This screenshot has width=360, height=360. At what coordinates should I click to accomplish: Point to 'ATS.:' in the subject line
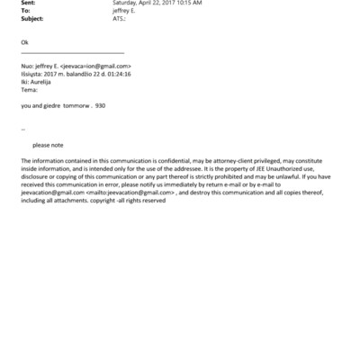(119, 17)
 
